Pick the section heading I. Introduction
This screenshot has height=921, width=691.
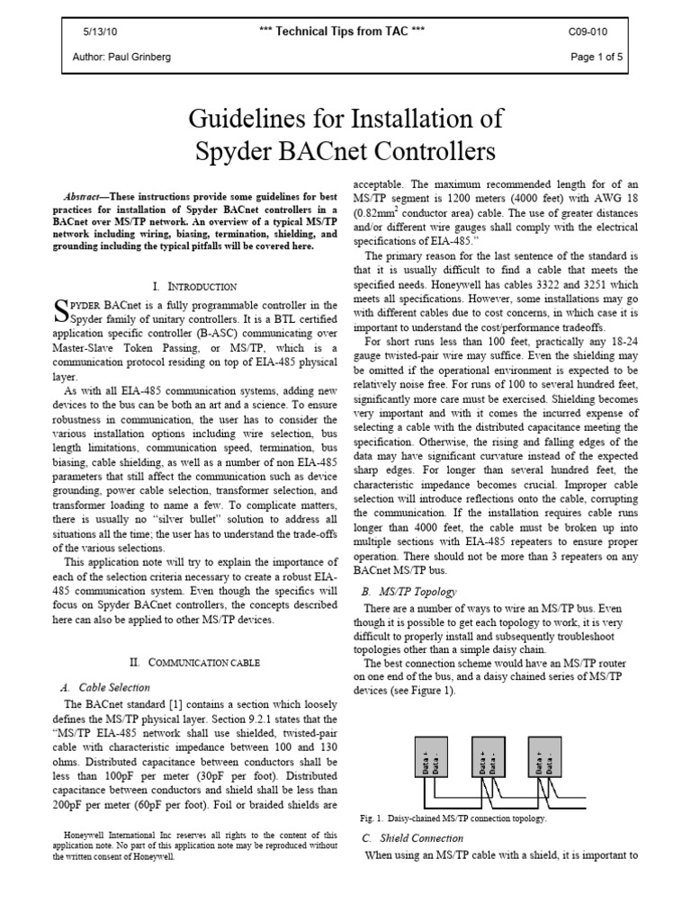pos(194,286)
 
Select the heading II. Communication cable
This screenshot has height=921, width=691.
pos(194,661)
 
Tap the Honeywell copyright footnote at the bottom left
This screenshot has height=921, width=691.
pos(194,845)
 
